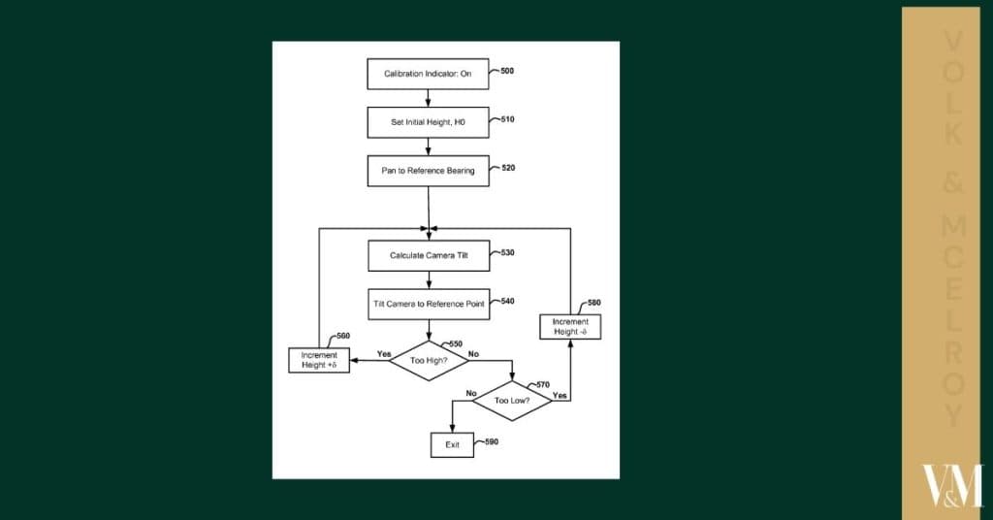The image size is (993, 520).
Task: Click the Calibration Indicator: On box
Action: [x=428, y=74]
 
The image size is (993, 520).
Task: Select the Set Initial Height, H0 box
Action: [x=428, y=122]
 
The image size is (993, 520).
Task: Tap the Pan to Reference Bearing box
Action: [x=428, y=171]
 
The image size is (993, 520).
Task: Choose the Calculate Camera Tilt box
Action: [x=428, y=255]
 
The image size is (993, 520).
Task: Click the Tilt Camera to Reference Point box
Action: [x=428, y=304]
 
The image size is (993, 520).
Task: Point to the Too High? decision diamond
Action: [x=428, y=360]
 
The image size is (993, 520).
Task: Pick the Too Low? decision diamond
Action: [x=511, y=400]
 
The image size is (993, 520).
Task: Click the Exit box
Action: [x=452, y=444]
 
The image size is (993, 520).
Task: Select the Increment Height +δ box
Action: [x=319, y=360]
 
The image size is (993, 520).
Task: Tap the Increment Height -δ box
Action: [x=570, y=327]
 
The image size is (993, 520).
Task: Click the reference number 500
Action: [x=507, y=71]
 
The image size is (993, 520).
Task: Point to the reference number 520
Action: [x=507, y=168]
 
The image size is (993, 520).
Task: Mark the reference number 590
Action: [x=491, y=442]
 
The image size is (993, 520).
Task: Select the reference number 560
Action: [x=342, y=337]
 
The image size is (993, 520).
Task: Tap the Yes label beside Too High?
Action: [x=383, y=354]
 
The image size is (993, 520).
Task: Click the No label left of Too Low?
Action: [x=471, y=393]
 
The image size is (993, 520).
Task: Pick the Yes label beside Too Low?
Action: [x=560, y=395]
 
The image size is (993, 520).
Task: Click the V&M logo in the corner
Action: [x=951, y=485]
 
